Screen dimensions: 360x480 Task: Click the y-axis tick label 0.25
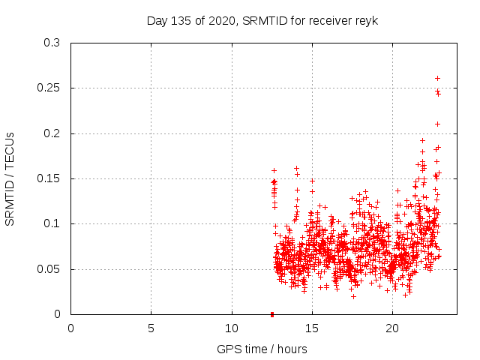coord(49,88)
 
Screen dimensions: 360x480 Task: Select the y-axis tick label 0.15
coord(49,178)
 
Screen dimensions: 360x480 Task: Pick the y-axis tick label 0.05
coord(49,268)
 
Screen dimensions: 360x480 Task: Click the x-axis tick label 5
coord(151,328)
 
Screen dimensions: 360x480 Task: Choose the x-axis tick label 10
coord(232,328)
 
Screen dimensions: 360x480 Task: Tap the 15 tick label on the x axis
coord(312,328)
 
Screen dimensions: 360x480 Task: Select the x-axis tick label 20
coord(392,328)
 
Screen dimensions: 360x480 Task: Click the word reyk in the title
coord(367,20)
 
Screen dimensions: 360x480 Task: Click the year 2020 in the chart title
coord(217,20)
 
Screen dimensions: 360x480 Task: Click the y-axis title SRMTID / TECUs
coord(10,178)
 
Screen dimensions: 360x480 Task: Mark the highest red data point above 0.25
coord(437,78)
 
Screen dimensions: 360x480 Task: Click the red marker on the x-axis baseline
coord(272,313)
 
